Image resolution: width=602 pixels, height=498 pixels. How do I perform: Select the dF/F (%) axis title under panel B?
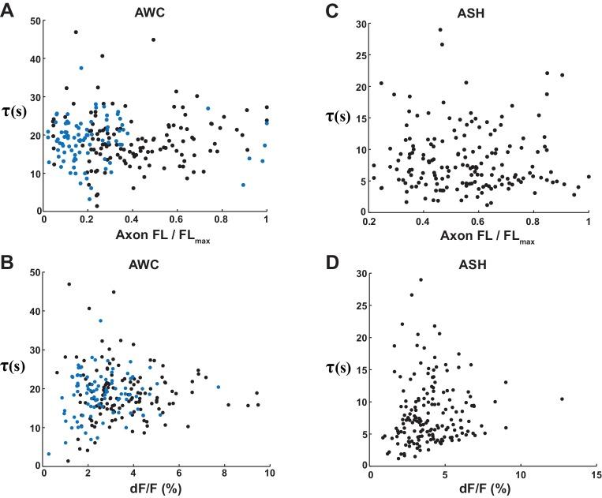(155, 487)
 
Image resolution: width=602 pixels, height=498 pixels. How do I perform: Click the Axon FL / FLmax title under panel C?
(479, 234)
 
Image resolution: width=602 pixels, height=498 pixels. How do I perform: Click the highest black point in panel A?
(76, 32)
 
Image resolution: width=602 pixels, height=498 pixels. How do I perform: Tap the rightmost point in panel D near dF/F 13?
(561, 399)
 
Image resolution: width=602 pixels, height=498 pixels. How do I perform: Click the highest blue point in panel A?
(80, 68)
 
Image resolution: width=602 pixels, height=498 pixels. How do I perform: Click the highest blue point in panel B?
(100, 321)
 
